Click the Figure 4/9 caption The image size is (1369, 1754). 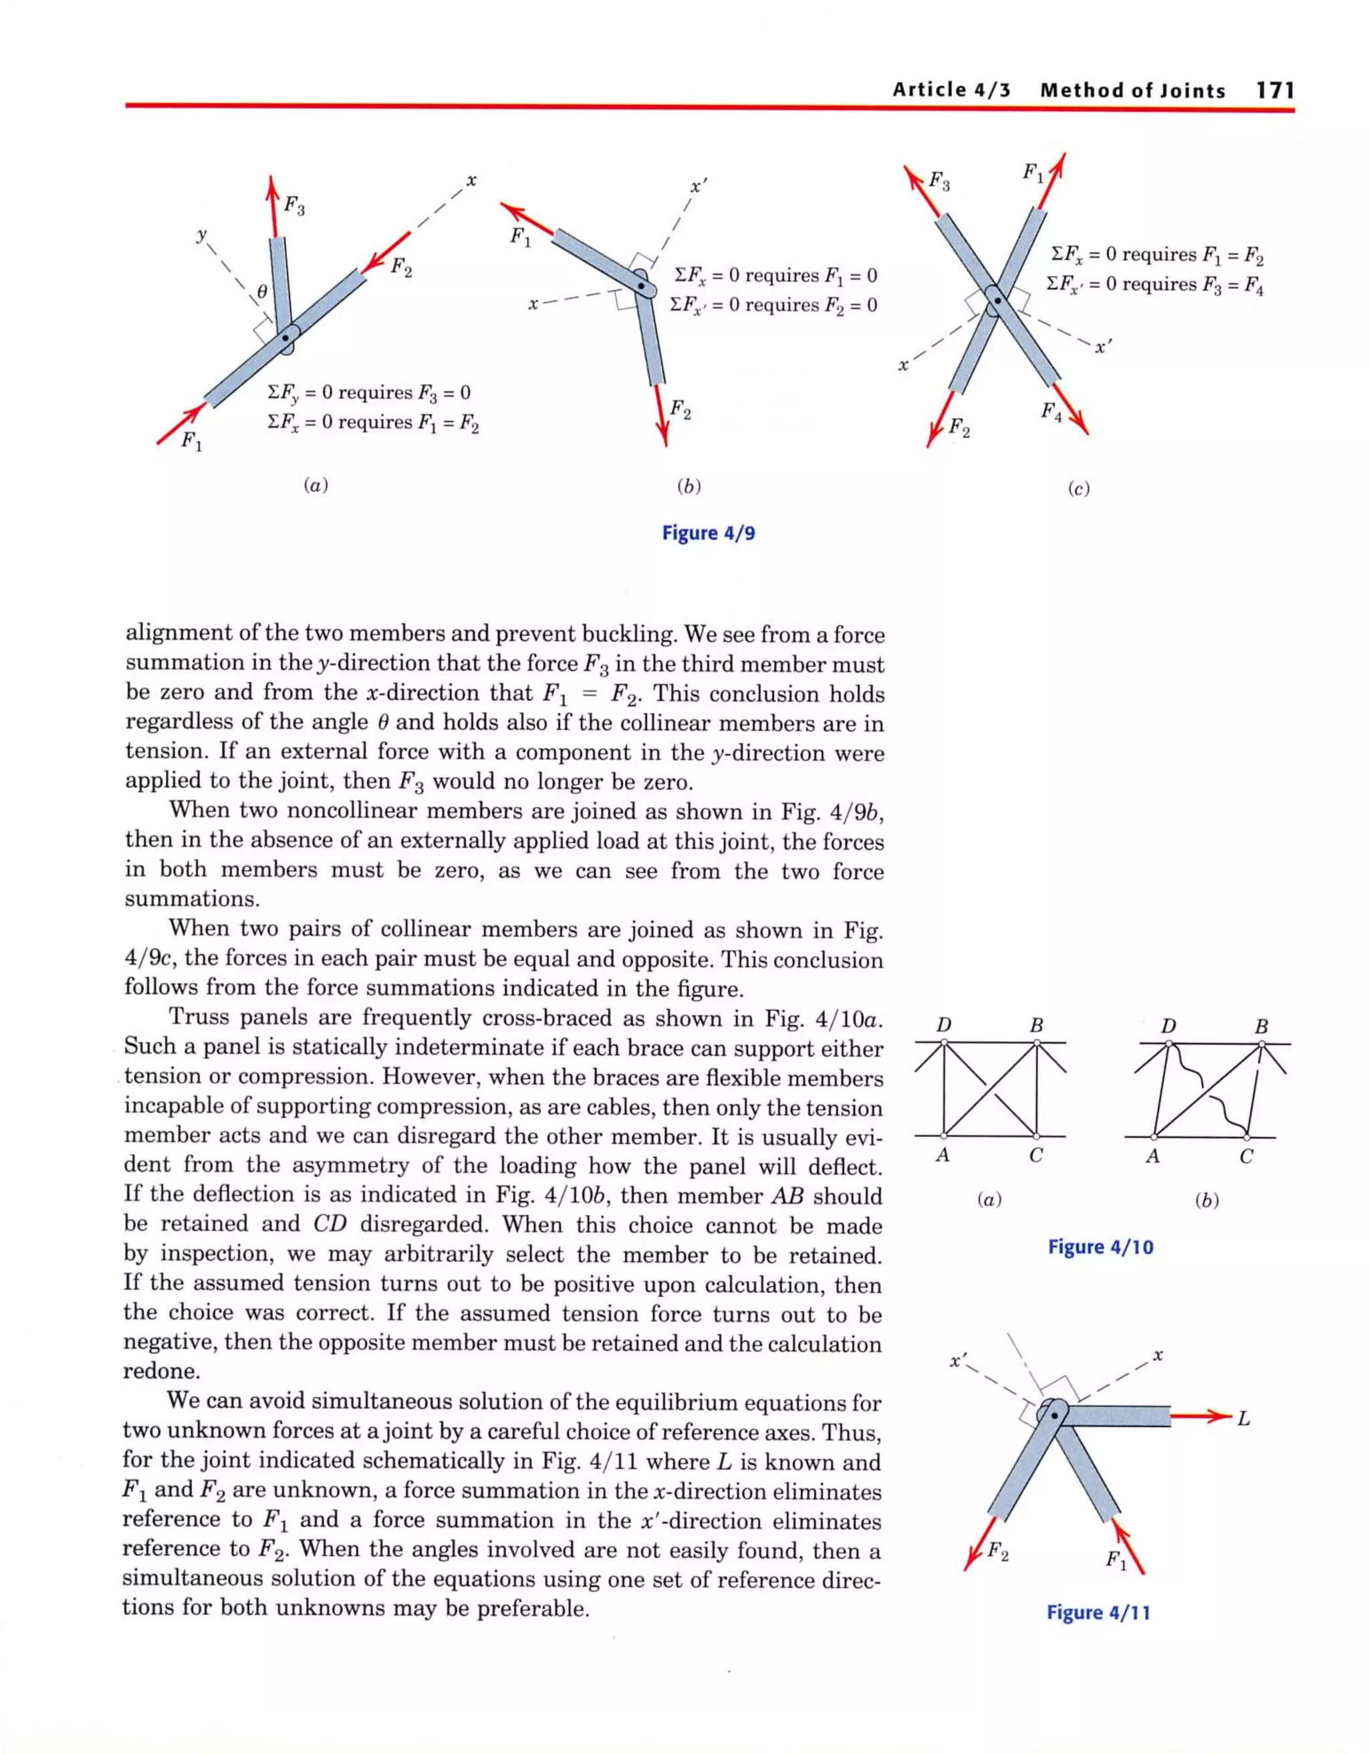pyautogui.click(x=708, y=533)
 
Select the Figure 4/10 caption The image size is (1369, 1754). pyautogui.click(x=1100, y=1246)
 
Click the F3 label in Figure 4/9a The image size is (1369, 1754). pyautogui.click(x=294, y=207)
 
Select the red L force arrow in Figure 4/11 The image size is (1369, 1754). pyautogui.click(x=1200, y=1416)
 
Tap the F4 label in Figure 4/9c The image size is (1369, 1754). pyautogui.click(x=1051, y=412)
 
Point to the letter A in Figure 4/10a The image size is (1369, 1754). pyautogui.click(x=943, y=1156)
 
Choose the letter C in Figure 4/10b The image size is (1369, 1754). pyautogui.click(x=1245, y=1156)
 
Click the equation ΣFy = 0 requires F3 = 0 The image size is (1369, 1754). pyautogui.click(x=368, y=393)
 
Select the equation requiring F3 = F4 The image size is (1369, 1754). pyautogui.click(x=1154, y=284)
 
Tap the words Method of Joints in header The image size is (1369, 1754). pyautogui.click(x=1132, y=90)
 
